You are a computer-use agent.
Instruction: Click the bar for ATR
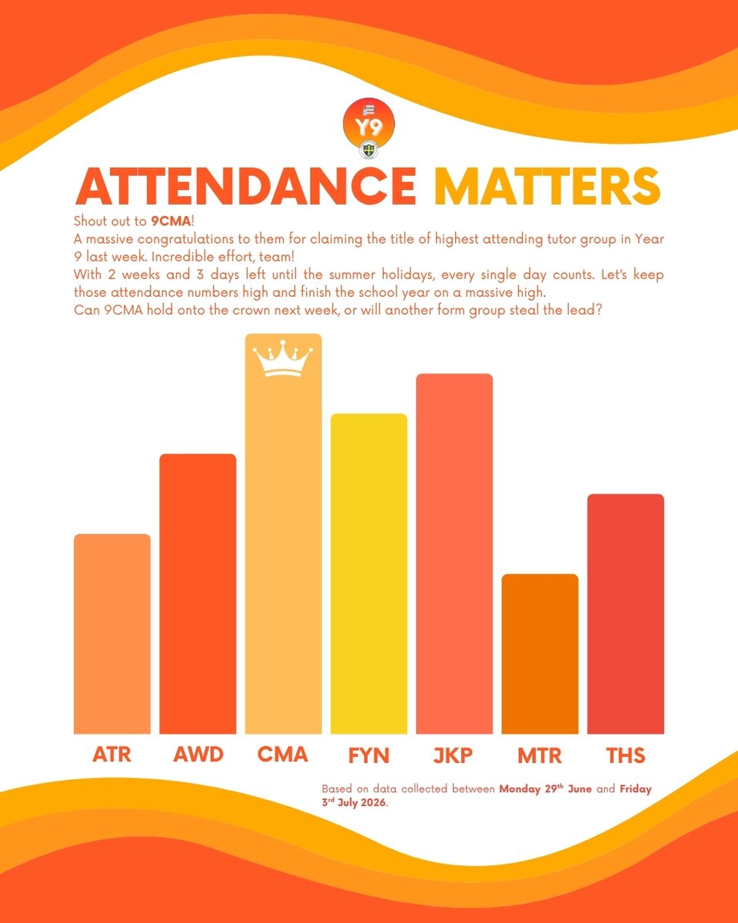click(112, 634)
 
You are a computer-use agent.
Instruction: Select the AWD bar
click(198, 594)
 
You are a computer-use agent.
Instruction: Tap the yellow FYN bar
click(369, 574)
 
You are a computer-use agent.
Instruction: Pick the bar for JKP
click(454, 554)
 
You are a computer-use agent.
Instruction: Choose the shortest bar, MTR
click(540, 654)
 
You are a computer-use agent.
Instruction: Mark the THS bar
click(626, 614)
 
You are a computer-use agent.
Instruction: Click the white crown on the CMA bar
click(283, 358)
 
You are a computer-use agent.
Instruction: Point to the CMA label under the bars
click(283, 755)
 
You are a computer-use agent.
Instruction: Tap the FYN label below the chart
click(369, 755)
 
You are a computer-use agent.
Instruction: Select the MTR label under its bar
click(540, 755)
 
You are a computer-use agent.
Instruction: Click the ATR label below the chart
click(112, 755)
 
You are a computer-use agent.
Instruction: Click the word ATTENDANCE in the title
click(246, 186)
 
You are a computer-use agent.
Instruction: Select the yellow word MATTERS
click(547, 186)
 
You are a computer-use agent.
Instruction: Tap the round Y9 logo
click(369, 124)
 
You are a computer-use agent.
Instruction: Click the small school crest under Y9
click(368, 150)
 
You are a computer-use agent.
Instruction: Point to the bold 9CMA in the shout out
click(171, 222)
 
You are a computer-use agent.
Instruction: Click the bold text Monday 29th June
click(546, 788)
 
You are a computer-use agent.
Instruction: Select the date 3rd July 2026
click(354, 802)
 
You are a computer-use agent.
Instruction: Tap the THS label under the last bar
click(626, 755)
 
